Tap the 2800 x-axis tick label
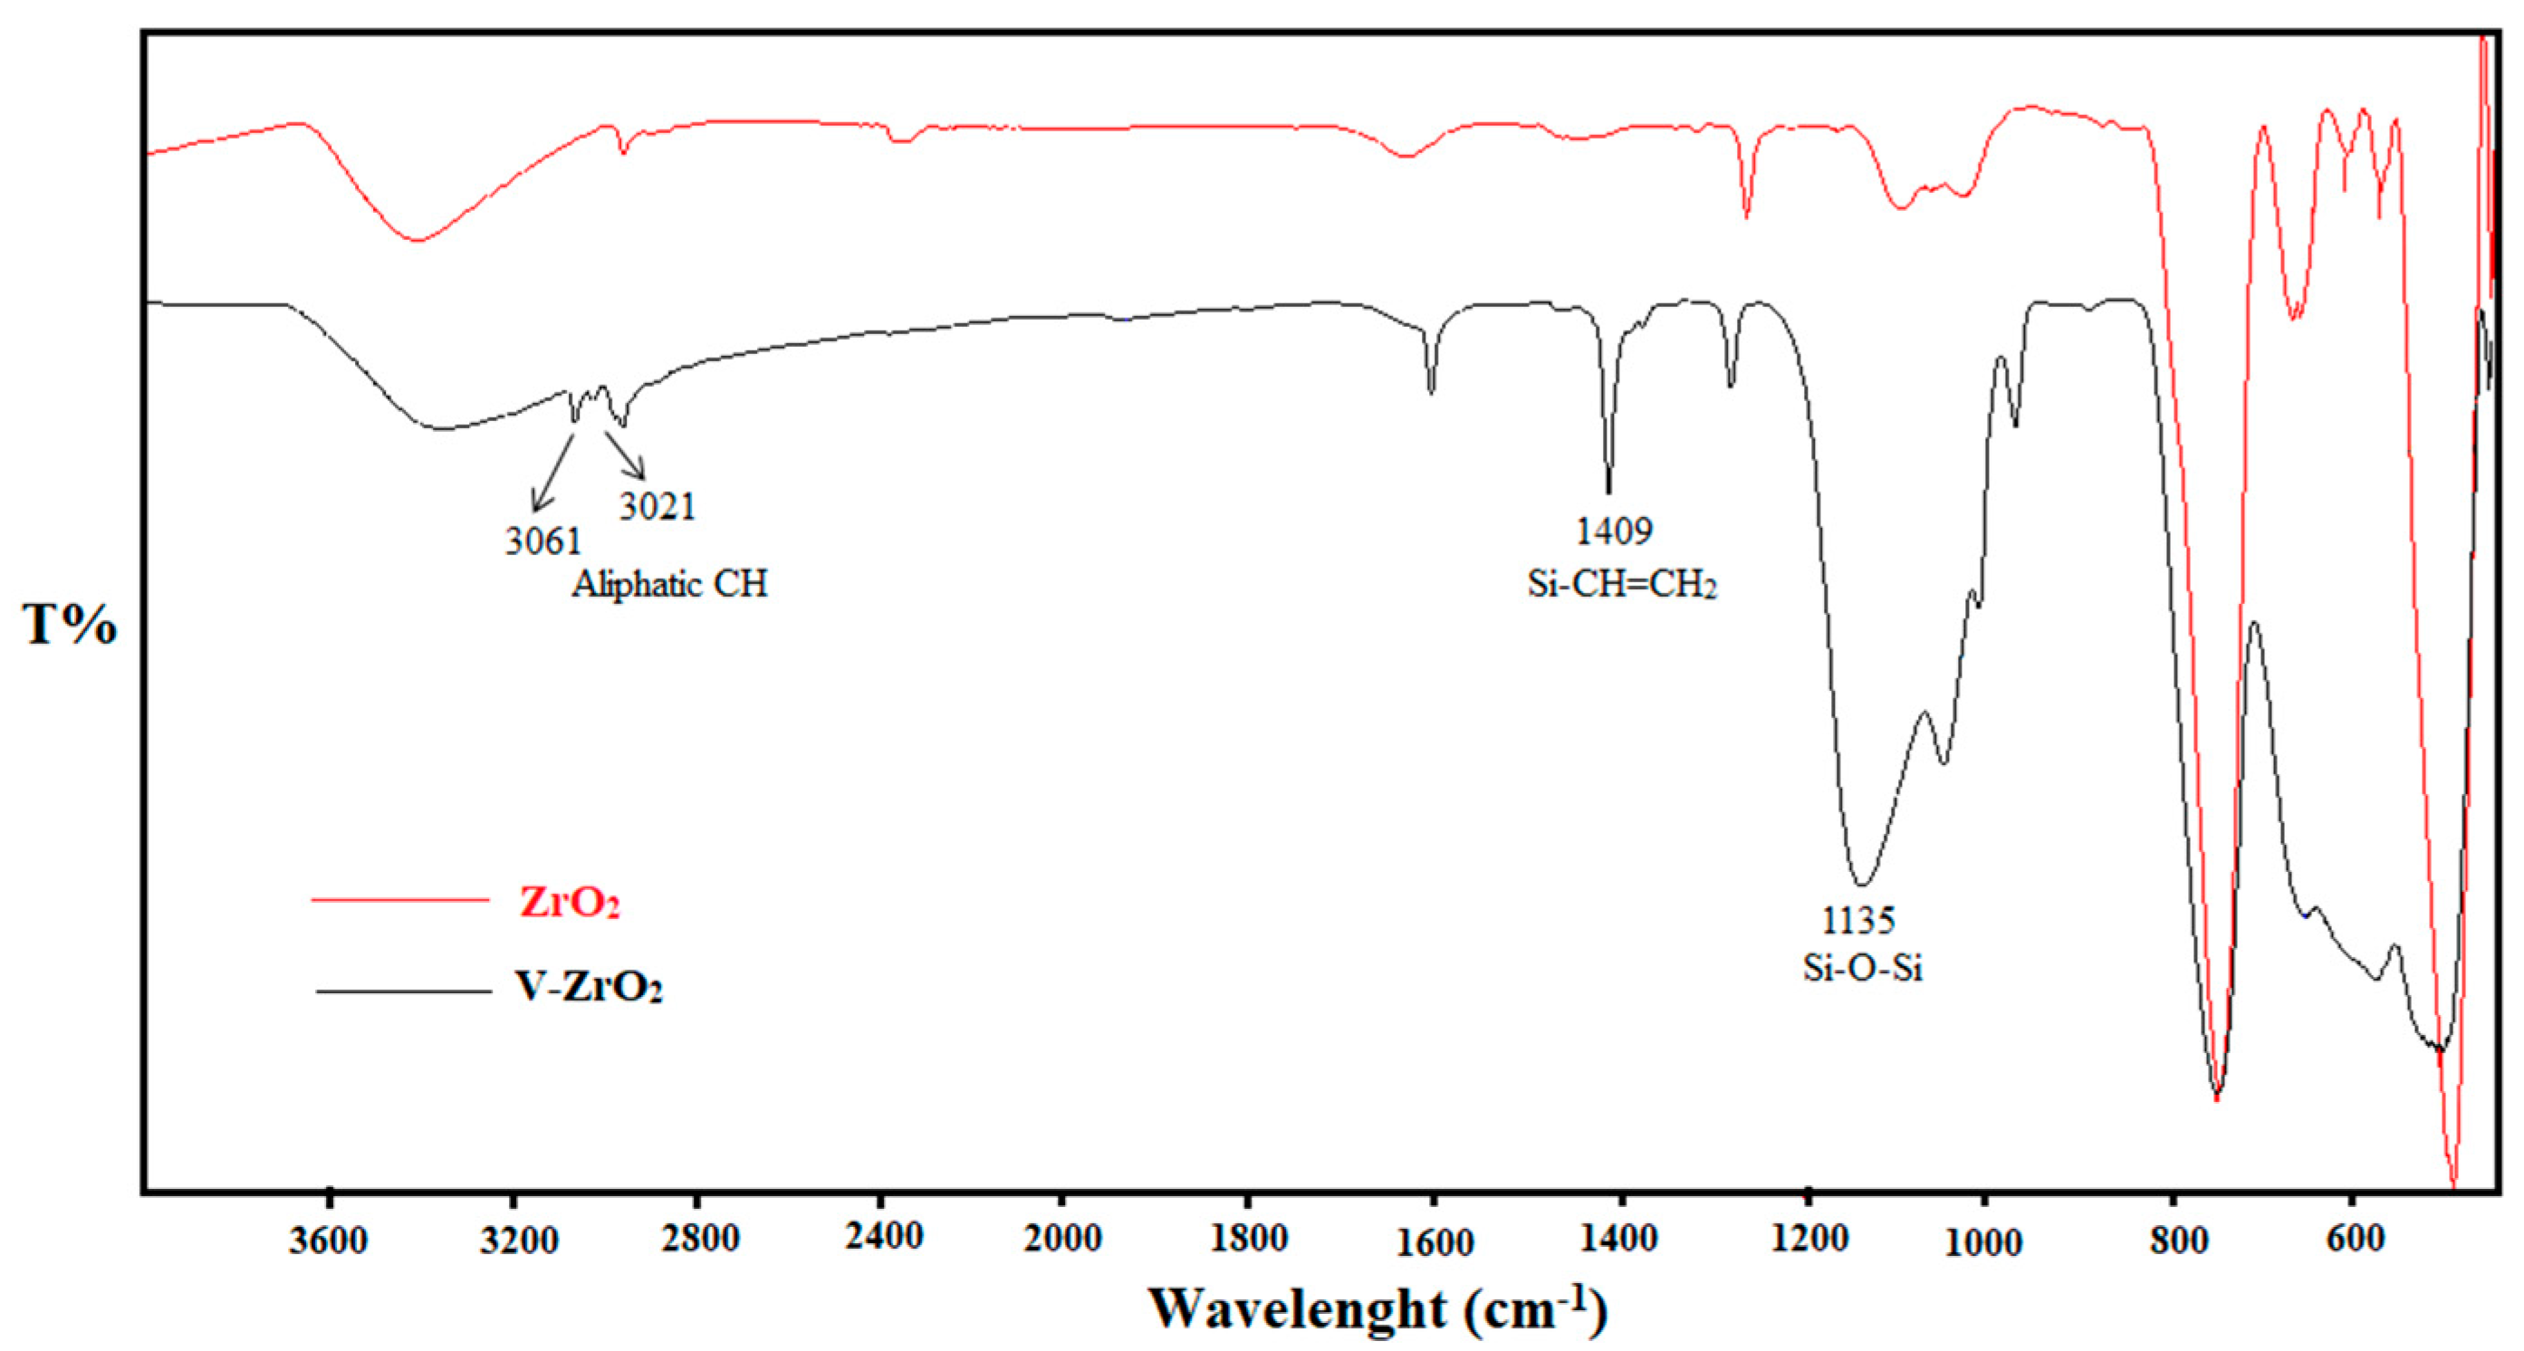(699, 1240)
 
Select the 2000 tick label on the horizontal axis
(1062, 1240)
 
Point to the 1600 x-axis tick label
(1435, 1241)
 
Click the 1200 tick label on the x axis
(1809, 1240)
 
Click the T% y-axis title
(69, 624)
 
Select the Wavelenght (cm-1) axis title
(1377, 1308)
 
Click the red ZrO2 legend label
(570, 901)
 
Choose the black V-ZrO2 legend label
(589, 988)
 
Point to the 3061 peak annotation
(542, 540)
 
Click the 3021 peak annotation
(657, 506)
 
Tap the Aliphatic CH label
(670, 585)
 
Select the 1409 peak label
(1614, 531)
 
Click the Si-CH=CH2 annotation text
(1622, 585)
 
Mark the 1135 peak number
(1857, 920)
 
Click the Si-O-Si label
(1863, 968)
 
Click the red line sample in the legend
(399, 899)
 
